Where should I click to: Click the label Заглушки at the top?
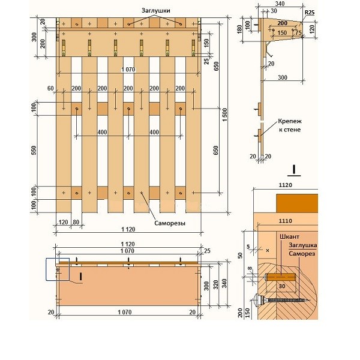click(155, 11)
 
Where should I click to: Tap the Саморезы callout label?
click(170, 223)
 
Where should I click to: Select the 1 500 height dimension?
click(225, 115)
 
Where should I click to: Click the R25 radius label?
click(310, 13)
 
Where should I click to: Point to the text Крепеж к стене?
click(290, 125)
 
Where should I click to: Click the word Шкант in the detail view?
click(290, 237)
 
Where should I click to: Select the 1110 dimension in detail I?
click(286, 221)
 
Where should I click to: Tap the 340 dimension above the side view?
click(280, 4)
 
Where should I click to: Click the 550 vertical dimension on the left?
click(34, 151)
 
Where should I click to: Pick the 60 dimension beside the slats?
click(50, 88)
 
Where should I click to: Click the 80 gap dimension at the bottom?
click(76, 222)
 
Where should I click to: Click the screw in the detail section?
click(281, 300)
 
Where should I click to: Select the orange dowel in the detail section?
click(280, 277)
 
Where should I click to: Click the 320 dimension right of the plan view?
click(216, 284)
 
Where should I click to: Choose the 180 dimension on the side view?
click(239, 29)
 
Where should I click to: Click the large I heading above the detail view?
click(294, 170)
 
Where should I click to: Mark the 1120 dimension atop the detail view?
click(286, 185)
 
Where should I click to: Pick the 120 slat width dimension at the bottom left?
click(64, 222)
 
